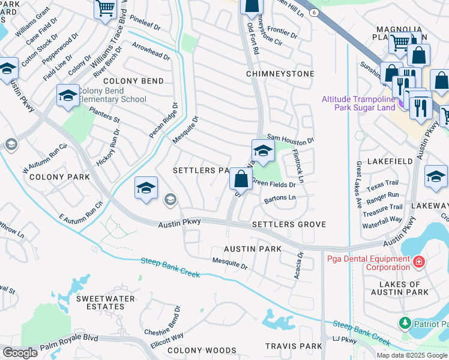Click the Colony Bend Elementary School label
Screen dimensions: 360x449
click(112, 95)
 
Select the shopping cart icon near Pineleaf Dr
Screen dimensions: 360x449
click(106, 9)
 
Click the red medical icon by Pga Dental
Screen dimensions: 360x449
click(419, 262)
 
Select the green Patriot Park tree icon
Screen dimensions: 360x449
click(405, 323)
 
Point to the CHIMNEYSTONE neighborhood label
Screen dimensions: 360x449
click(280, 74)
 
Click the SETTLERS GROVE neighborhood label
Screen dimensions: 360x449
click(289, 224)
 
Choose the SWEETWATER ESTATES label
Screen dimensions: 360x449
click(100, 302)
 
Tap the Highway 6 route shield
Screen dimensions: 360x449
click(313, 12)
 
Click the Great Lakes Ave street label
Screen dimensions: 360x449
click(359, 184)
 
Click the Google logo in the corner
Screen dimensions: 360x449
click(20, 353)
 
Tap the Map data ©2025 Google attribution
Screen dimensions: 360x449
click(411, 355)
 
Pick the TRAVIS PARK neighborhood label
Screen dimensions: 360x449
click(294, 346)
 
